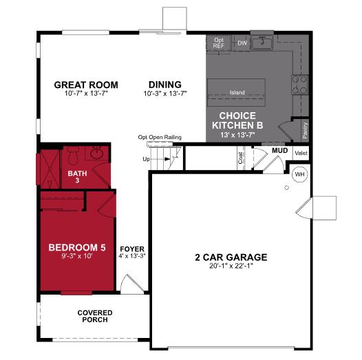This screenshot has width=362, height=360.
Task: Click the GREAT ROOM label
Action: (86, 85)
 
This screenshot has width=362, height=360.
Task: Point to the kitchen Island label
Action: (237, 92)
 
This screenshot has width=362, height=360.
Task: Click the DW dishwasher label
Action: (242, 43)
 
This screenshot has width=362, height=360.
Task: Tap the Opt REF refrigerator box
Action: (219, 43)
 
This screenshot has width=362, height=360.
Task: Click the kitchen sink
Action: (262, 43)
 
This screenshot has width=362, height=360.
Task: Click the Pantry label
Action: (304, 129)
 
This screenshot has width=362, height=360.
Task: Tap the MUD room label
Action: (279, 149)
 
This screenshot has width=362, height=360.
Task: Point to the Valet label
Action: (300, 153)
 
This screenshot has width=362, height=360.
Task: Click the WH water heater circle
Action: (299, 173)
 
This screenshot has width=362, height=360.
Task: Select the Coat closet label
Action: (241, 158)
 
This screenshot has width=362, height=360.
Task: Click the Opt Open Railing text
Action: (160, 137)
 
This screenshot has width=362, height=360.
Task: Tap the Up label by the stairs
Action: (146, 160)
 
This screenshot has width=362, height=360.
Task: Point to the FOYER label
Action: (132, 251)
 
